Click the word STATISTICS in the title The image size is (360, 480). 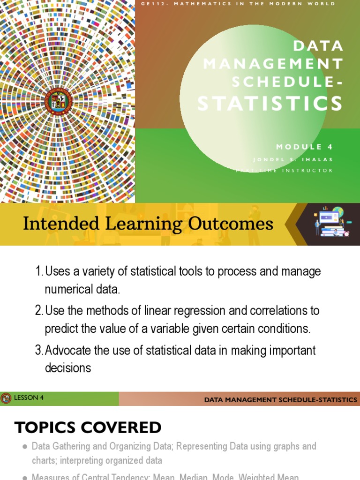(270, 104)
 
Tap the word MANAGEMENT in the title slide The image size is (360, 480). (273, 63)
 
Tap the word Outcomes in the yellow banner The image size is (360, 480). (231, 224)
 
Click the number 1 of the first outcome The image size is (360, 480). (38, 272)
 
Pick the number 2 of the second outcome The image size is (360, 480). (38, 311)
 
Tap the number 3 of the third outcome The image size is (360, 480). (38, 350)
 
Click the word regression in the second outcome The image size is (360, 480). (195, 311)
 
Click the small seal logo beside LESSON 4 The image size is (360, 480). (6, 398)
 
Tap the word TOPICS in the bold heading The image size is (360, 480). (44, 427)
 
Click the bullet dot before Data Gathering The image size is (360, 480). (24, 447)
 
